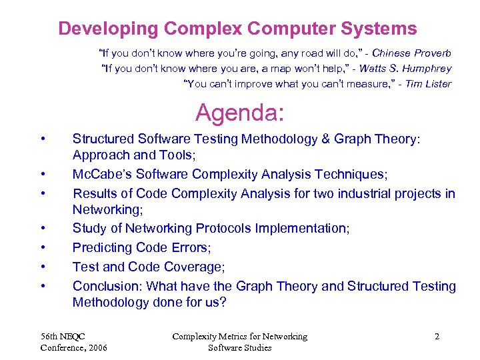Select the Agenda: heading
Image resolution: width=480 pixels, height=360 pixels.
pos(239,113)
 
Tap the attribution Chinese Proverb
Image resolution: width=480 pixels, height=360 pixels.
pos(411,53)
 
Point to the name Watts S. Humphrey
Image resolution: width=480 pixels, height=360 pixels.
pos(403,69)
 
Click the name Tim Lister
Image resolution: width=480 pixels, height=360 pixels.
pos(429,84)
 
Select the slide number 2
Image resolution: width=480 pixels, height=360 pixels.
pos(437,337)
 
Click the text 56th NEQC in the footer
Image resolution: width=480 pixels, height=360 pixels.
pos(63,337)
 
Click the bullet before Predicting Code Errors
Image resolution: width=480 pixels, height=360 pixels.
pos(43,247)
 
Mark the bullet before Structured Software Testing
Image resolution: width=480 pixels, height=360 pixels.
pos(43,139)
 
